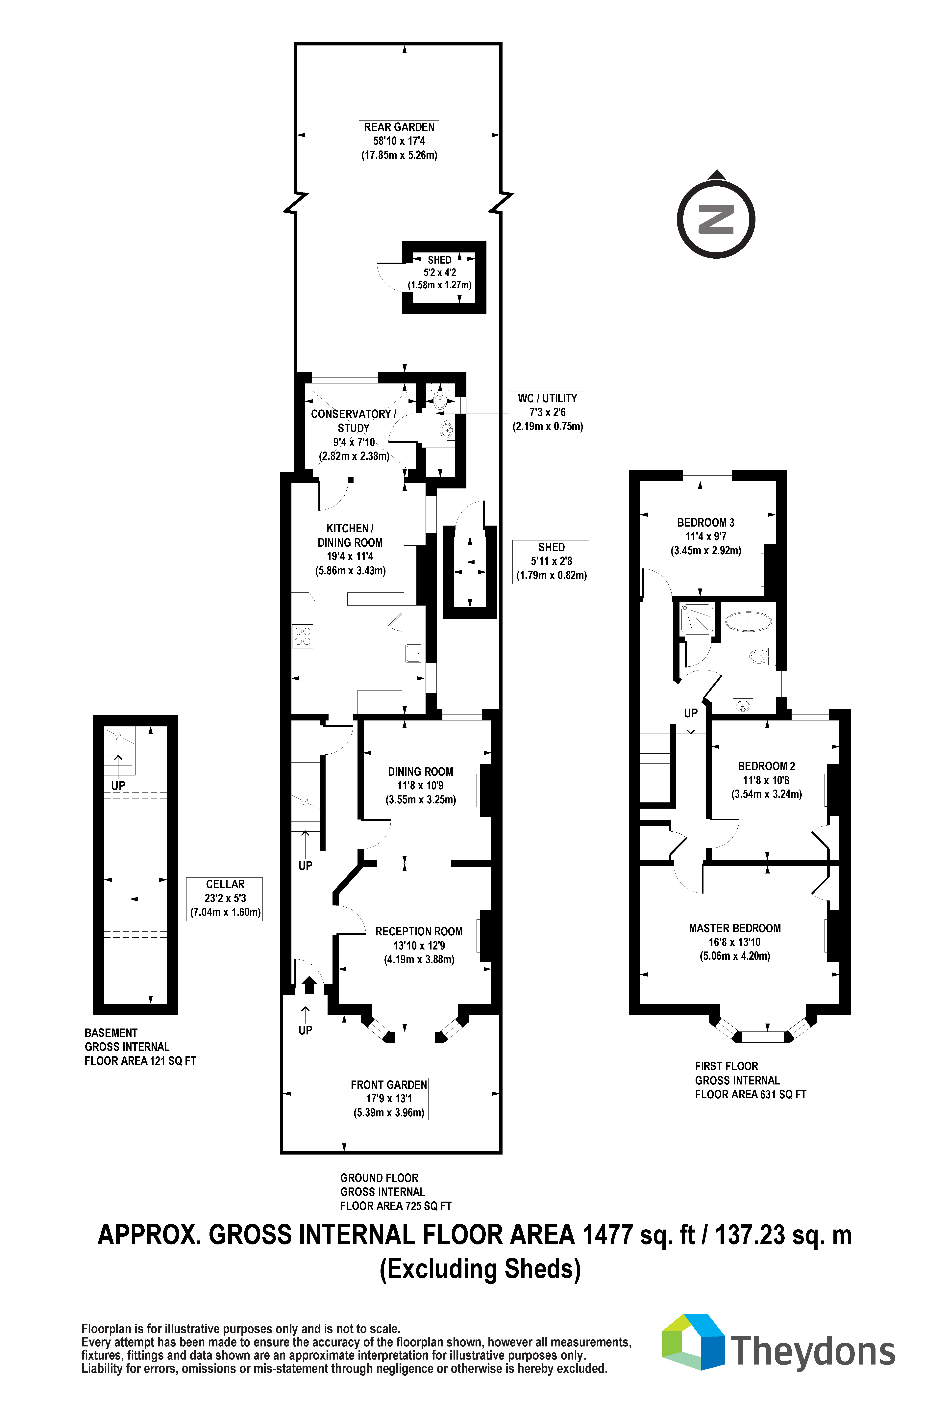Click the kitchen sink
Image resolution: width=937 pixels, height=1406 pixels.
[x=413, y=653]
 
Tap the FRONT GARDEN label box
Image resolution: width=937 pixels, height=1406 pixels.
[x=389, y=1099]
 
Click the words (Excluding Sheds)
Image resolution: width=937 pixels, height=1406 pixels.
[x=481, y=1268]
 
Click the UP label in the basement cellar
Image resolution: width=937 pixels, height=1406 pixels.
[x=118, y=786]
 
